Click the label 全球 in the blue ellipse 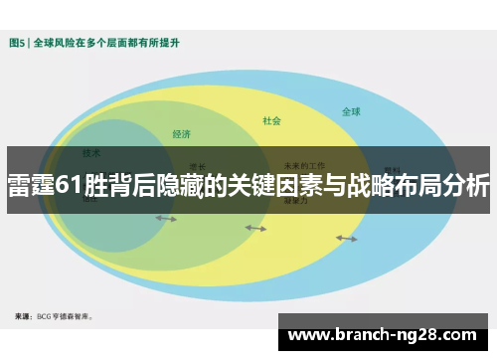point(351,111)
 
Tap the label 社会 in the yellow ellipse point(271,121)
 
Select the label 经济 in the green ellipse point(181,133)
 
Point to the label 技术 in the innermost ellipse point(91,153)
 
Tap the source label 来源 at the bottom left point(23,316)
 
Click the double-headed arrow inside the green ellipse point(165,218)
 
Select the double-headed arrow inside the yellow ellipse point(255,228)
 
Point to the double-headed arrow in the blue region point(346,238)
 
